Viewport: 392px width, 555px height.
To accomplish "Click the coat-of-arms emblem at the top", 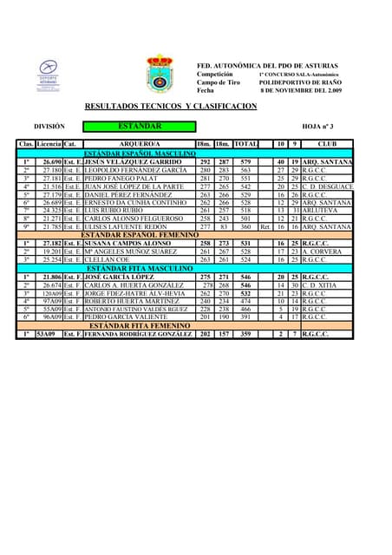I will [x=160, y=74].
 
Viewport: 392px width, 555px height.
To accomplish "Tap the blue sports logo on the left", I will [x=49, y=75].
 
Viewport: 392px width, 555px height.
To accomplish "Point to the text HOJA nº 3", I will [x=317, y=126].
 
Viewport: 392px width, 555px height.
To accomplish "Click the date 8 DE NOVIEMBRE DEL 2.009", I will [x=301, y=90].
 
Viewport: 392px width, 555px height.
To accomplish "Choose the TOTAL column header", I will [x=245, y=143].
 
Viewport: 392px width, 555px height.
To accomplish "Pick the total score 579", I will [x=245, y=162].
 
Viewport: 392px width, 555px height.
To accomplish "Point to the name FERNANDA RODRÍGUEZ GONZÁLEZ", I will [x=138, y=334].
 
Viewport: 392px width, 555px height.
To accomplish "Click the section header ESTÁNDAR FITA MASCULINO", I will [x=140, y=268].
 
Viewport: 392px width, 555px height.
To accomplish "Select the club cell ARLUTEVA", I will [x=317, y=211].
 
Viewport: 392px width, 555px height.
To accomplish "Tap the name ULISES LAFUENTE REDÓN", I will [x=126, y=227].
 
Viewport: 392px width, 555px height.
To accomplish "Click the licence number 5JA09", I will [x=45, y=334].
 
